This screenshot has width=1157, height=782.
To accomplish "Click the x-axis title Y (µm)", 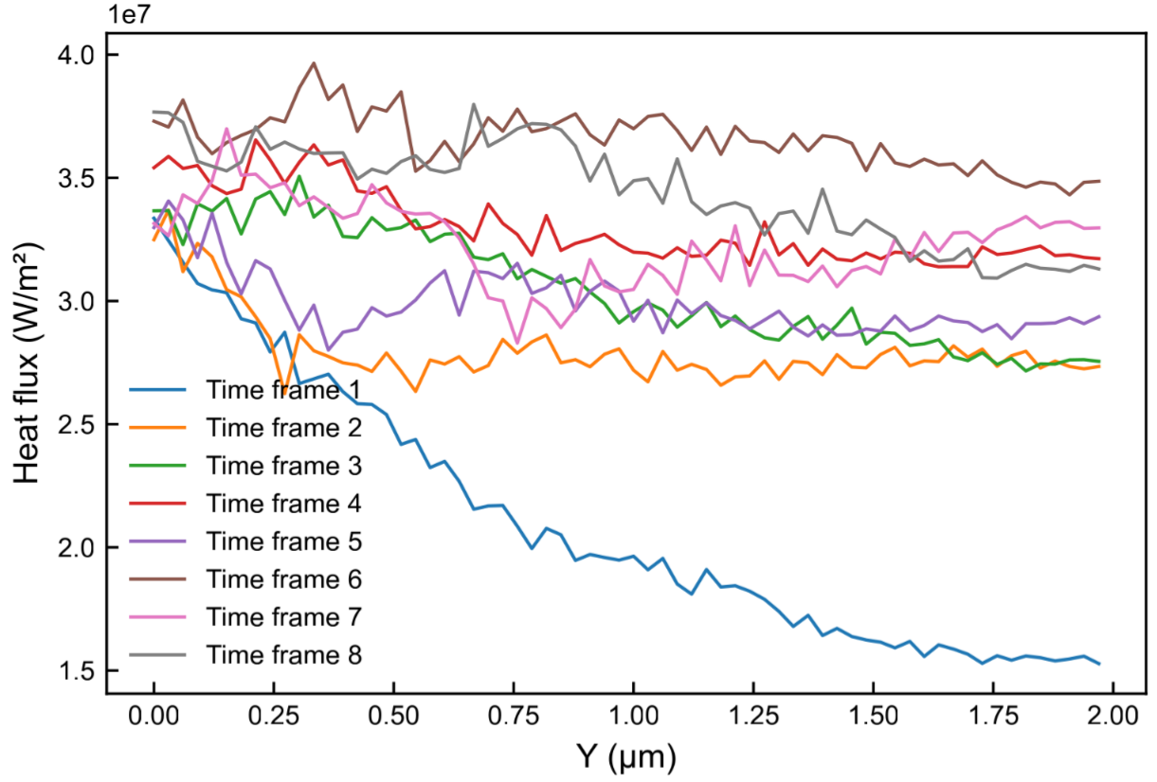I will [625, 756].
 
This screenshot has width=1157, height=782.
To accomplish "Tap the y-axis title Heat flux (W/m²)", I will [27, 364].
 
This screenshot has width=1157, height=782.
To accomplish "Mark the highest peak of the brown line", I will [314, 63].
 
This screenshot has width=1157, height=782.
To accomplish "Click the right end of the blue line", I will [1099, 664].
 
